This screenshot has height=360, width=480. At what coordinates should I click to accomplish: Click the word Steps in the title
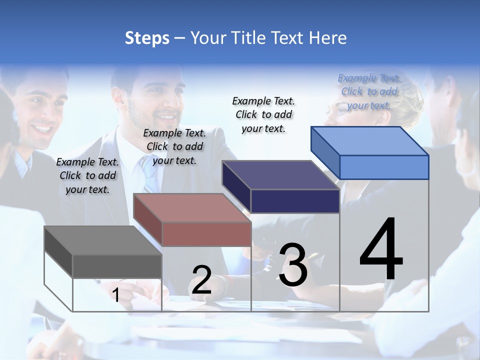pos(147,38)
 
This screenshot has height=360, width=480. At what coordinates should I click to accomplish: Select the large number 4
pos(381,250)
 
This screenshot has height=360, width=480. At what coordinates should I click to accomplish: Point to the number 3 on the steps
pos(293,265)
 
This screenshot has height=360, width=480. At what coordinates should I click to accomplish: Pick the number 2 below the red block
pos(201,280)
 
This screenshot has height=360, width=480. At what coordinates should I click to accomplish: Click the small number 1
pos(115,295)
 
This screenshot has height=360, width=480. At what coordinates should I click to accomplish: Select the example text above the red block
pos(174,146)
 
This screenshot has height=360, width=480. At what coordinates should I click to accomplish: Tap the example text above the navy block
pos(263,114)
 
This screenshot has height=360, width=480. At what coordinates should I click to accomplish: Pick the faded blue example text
pos(369,91)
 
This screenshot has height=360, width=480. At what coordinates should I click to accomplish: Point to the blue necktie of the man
pos(149,175)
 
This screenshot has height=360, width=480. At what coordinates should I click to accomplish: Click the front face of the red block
pos(206,234)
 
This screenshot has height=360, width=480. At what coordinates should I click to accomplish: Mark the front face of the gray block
pos(117,266)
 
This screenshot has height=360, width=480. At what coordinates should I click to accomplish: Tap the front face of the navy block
pos(295,201)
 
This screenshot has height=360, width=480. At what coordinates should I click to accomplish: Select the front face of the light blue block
pos(384,167)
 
